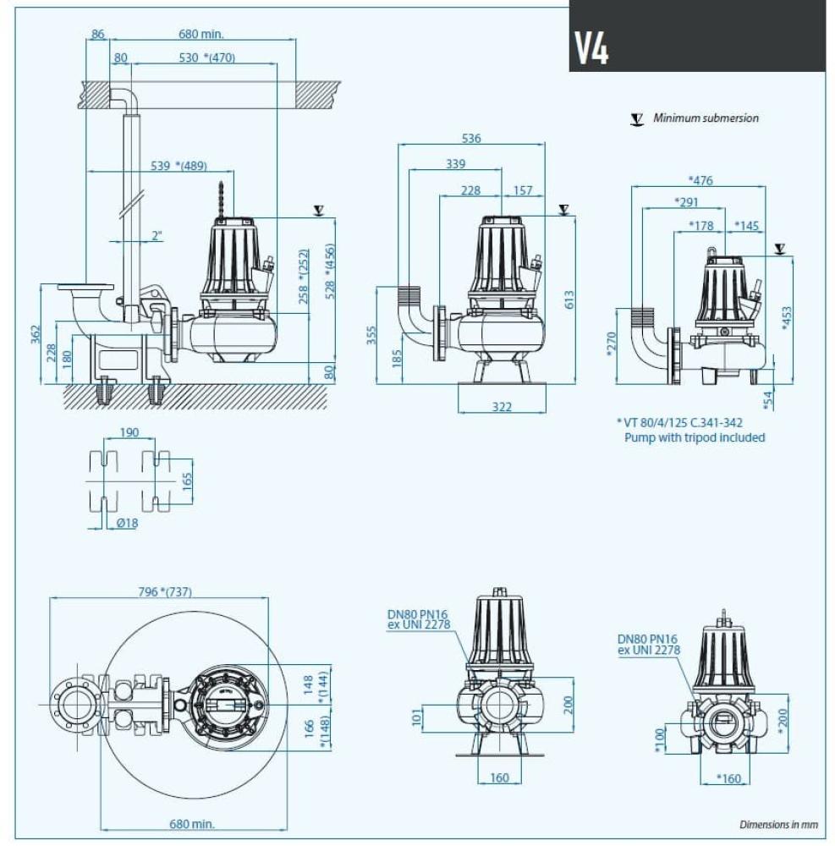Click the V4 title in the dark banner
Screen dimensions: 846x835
[x=591, y=49]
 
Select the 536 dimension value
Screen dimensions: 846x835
[x=471, y=139]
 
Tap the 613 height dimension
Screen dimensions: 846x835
[x=569, y=299]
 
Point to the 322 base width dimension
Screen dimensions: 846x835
[x=502, y=407]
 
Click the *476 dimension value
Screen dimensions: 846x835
[x=701, y=180]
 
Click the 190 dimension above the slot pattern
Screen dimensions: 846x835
[x=129, y=432]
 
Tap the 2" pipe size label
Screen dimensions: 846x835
[x=156, y=236]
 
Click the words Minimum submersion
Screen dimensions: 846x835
[x=706, y=118]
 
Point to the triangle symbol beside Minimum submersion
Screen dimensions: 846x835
[x=636, y=118]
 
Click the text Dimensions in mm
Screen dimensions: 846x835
[x=778, y=824]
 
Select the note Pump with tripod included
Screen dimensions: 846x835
[x=694, y=437]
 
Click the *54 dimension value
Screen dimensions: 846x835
[x=767, y=398]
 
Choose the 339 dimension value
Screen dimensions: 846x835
[x=455, y=164]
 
